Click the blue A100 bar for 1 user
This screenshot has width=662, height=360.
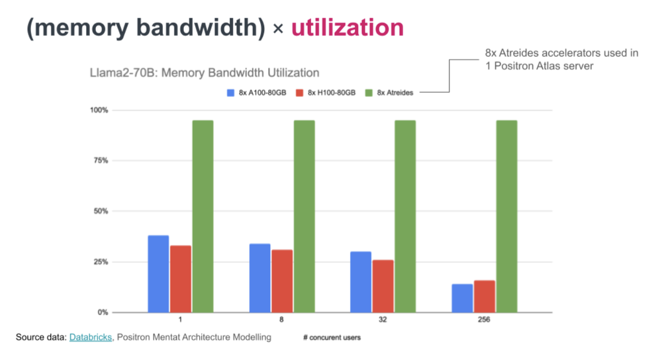click(x=158, y=274)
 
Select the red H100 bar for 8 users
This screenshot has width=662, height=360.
click(x=282, y=281)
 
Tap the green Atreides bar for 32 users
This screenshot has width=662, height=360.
click(x=405, y=216)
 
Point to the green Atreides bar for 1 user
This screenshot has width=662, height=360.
click(x=203, y=216)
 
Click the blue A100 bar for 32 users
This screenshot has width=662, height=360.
click(x=361, y=282)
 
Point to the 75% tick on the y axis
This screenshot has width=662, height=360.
click(x=101, y=161)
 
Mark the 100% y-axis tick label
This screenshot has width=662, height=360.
click(x=100, y=110)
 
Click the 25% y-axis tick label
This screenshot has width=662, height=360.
click(x=101, y=262)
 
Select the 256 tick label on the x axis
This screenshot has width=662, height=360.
click(x=484, y=320)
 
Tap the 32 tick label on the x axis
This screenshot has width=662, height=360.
click(x=383, y=320)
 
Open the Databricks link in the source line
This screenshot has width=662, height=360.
click(x=91, y=337)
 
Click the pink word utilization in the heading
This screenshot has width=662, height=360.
click(x=347, y=28)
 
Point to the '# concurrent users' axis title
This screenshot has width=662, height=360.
click(x=332, y=337)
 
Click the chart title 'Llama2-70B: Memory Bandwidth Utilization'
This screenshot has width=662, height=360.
click(x=204, y=72)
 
